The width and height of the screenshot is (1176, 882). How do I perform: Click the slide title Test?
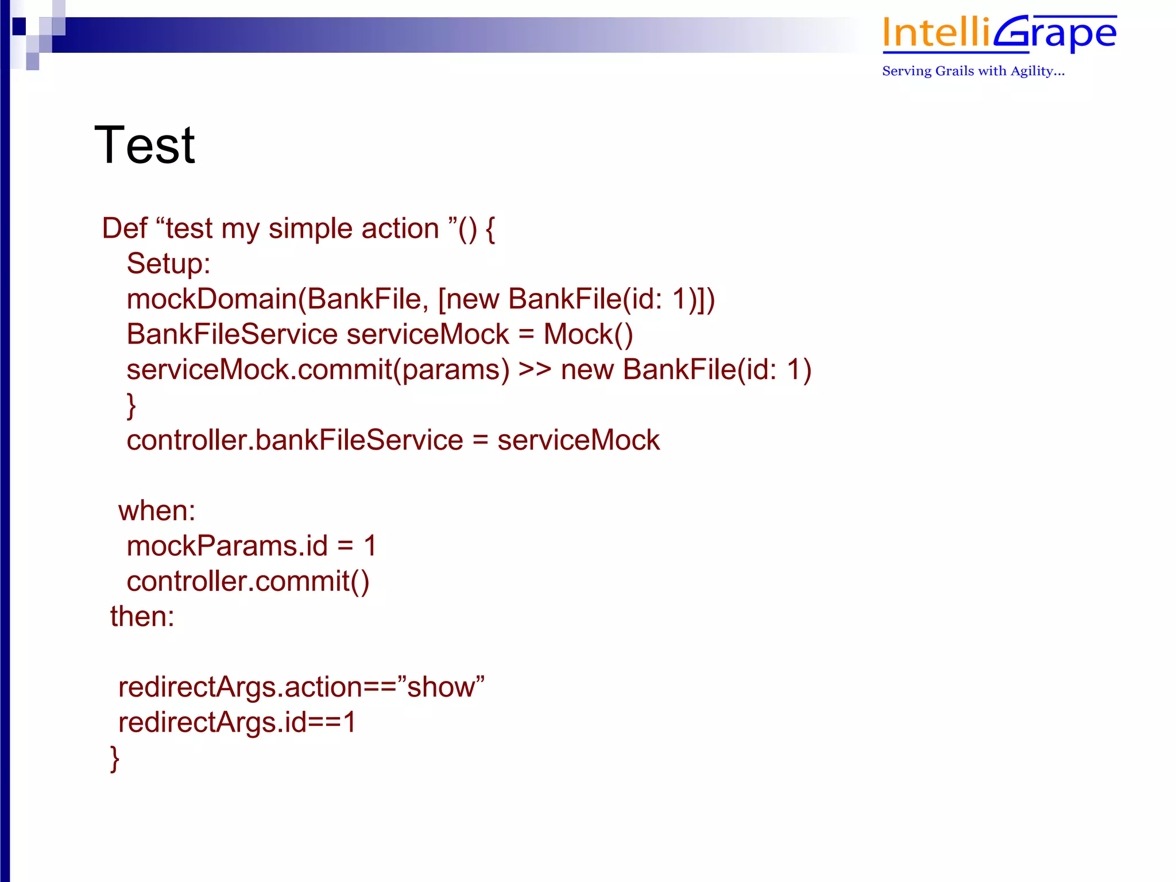tap(145, 145)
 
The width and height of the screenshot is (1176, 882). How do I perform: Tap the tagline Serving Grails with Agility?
tap(973, 71)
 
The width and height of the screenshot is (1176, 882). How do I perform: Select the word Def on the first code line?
tap(124, 229)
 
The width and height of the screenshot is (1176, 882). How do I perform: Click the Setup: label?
tap(168, 264)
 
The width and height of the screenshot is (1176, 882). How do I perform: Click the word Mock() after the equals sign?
tap(588, 335)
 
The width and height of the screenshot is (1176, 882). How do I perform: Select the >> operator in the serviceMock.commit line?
tap(535, 370)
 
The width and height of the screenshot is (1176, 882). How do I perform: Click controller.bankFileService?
tap(295, 440)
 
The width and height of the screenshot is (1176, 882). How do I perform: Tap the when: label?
tap(157, 511)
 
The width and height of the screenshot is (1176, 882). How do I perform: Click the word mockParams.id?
tap(227, 546)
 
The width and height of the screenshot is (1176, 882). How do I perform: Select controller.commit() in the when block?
tap(248, 582)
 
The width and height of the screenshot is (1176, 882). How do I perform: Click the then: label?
tap(142, 617)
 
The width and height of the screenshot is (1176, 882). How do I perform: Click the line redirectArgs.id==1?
tap(237, 722)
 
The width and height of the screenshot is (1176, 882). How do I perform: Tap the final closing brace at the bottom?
tap(115, 759)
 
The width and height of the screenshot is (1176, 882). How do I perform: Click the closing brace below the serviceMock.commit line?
tap(131, 405)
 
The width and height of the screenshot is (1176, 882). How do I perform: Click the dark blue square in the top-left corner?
tap(19, 26)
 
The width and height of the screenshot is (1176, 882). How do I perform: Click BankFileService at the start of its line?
tap(232, 335)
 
